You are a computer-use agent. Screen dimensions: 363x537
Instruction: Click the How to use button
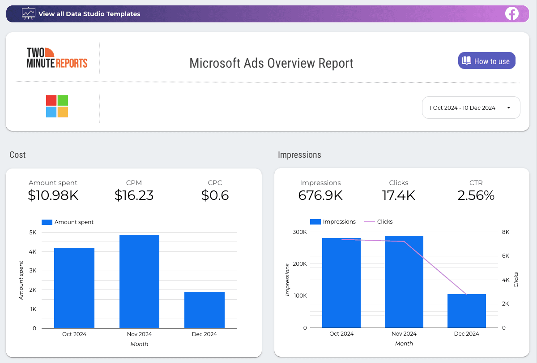click(486, 61)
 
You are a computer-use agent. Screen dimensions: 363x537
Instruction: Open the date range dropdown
click(471, 108)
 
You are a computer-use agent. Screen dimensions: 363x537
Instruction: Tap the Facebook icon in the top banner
click(511, 14)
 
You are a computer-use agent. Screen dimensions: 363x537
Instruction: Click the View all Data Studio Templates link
click(89, 14)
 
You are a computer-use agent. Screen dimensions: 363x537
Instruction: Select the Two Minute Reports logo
click(57, 58)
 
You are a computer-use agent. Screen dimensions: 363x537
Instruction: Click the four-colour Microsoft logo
click(57, 106)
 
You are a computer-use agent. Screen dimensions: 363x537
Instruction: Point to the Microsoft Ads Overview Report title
click(271, 63)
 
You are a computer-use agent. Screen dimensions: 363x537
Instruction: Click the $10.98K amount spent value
click(53, 195)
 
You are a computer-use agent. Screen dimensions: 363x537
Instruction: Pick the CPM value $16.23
click(134, 195)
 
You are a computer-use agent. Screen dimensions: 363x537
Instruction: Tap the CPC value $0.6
click(215, 195)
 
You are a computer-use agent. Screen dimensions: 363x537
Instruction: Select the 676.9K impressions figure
click(320, 195)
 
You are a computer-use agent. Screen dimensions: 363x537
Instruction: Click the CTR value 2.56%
click(476, 195)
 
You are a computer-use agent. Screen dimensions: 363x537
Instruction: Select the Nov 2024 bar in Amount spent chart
click(139, 281)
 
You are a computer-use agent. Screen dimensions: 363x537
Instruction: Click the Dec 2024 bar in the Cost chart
click(204, 310)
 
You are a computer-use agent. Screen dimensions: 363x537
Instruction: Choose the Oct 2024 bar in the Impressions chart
click(341, 283)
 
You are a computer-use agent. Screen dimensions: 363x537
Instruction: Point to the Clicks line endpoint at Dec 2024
click(466, 294)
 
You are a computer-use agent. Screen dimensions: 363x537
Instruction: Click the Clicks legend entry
click(379, 222)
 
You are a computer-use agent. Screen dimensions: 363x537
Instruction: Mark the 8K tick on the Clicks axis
click(506, 232)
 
